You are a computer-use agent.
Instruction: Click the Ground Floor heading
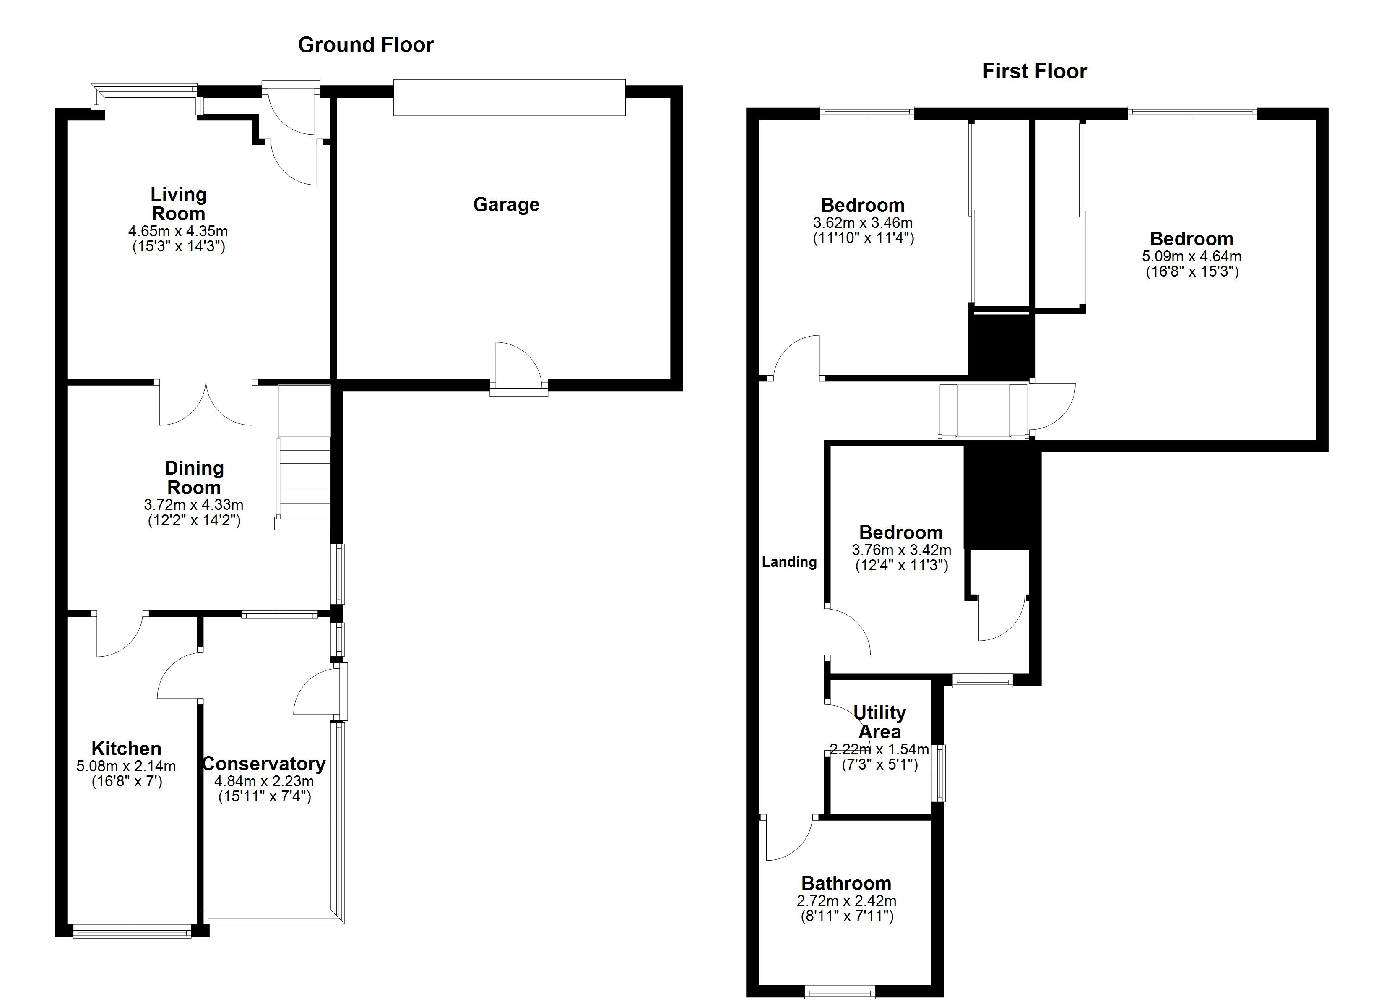pyautogui.click(x=366, y=44)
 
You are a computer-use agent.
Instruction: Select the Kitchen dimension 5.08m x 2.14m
pyautogui.click(x=126, y=766)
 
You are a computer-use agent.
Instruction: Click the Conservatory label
pyautogui.click(x=264, y=764)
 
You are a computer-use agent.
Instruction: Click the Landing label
pyautogui.click(x=789, y=562)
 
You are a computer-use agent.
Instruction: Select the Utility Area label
pyautogui.click(x=879, y=722)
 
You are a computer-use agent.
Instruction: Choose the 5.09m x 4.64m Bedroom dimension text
pyautogui.click(x=1191, y=256)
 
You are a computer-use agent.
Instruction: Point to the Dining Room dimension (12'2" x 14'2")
pyautogui.click(x=194, y=521)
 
